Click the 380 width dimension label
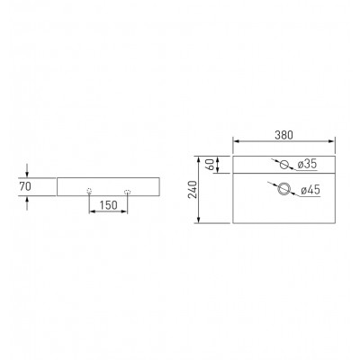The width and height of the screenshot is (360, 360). [x=283, y=135]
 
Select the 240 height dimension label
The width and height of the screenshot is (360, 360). [x=193, y=190]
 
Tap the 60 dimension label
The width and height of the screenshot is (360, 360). [x=211, y=165]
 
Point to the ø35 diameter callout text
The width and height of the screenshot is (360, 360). [x=307, y=164]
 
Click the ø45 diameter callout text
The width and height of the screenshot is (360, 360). [x=310, y=190]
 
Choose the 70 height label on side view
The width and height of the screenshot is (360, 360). [x=25, y=186]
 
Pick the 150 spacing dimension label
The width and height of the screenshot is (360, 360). [x=108, y=205]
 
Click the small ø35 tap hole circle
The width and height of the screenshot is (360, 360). [x=283, y=165]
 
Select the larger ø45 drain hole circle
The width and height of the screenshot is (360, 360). [x=283, y=189]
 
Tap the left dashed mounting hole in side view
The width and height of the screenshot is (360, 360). [x=89, y=191]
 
